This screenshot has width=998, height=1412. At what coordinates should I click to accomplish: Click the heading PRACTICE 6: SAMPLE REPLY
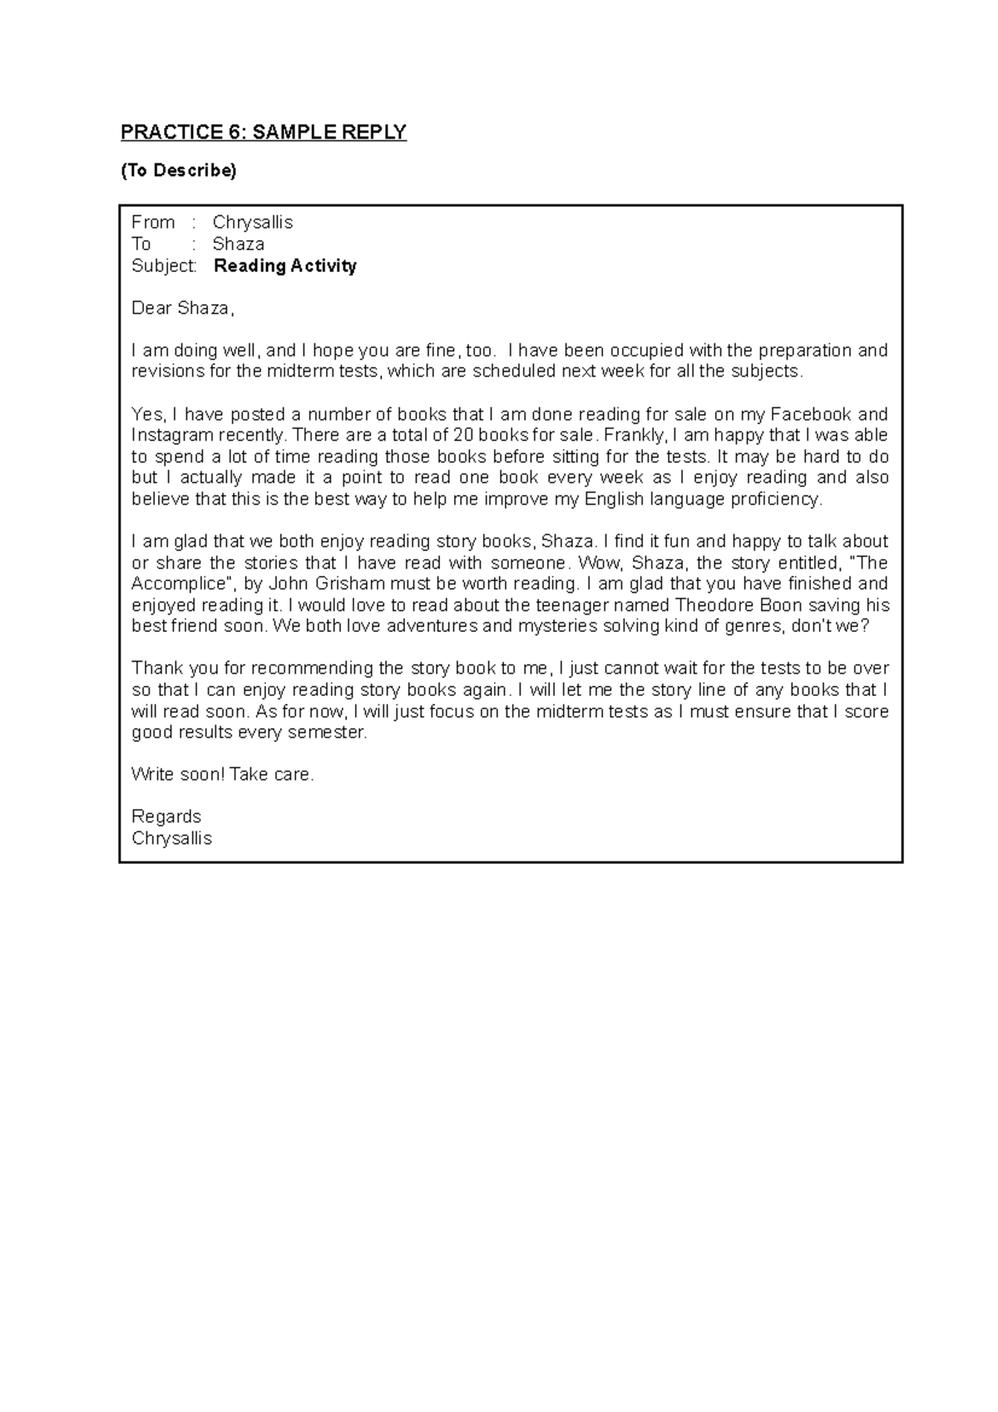click(264, 132)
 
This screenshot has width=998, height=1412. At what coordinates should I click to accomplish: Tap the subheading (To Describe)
click(178, 170)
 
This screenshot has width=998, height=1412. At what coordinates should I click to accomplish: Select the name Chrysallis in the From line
click(253, 222)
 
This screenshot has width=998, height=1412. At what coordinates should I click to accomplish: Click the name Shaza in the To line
click(238, 244)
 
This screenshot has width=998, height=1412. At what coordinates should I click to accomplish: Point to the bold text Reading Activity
click(285, 266)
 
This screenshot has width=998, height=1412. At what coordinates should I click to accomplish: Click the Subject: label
click(165, 266)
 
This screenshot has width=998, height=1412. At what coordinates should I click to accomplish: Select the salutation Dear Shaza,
click(183, 309)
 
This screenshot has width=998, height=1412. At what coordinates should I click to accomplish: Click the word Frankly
click(635, 435)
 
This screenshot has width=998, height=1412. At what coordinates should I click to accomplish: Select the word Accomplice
click(178, 584)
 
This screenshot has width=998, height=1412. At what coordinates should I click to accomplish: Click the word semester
click(325, 733)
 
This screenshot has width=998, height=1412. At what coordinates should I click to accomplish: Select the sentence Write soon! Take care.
click(223, 774)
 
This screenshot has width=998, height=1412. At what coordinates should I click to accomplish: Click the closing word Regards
click(166, 817)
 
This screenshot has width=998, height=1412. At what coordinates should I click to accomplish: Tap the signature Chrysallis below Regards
click(171, 838)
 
